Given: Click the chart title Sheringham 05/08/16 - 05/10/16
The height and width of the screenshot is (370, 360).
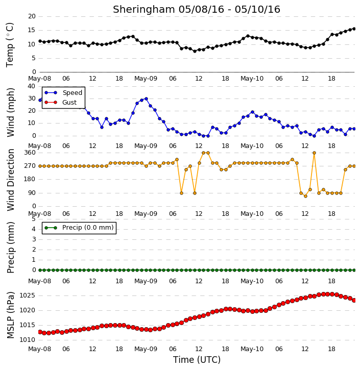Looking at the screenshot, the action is click(197, 10).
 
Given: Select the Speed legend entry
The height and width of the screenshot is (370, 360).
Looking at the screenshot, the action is click(63, 93).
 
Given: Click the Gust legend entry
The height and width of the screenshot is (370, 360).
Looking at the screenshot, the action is click(60, 103).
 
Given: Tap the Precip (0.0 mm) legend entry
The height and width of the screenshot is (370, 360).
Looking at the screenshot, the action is click(79, 228).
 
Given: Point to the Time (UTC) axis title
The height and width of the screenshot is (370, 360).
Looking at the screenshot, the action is click(197, 360).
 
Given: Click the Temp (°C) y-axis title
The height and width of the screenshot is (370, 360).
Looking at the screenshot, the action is click(10, 45).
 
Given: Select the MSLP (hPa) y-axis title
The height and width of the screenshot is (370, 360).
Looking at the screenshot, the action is click(10, 315).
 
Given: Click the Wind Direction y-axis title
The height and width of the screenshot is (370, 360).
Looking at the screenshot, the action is click(10, 180).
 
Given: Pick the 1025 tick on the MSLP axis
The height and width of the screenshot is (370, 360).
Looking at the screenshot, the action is click(28, 295).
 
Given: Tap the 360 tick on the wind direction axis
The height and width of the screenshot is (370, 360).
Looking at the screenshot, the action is click(30, 153).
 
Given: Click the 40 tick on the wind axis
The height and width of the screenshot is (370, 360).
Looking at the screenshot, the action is click(32, 86).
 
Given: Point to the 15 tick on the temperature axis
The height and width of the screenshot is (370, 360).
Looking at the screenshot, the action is click(32, 30).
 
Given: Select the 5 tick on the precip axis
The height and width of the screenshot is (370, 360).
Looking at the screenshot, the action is click(34, 219).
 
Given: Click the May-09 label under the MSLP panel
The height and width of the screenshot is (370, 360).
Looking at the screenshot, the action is click(146, 349).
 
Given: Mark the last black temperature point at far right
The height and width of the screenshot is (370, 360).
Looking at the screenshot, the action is click(354, 29).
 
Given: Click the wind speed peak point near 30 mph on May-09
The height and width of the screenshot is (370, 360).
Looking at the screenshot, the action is click(146, 99).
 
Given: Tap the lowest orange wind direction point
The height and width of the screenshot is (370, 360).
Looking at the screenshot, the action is click(305, 196).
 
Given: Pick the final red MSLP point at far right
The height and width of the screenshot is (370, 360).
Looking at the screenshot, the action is click(354, 300).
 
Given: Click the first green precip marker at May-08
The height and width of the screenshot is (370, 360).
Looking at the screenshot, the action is click(40, 270).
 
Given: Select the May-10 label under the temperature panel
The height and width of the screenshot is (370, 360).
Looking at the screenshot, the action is click(252, 79).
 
